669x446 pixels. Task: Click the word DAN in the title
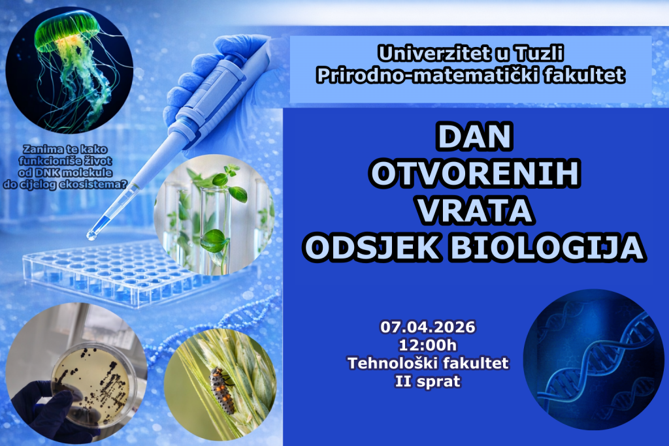click(474, 136)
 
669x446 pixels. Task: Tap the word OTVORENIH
click(474, 173)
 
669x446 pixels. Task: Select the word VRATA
click(475, 211)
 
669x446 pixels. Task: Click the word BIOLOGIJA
click(547, 247)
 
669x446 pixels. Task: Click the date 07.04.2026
click(427, 327)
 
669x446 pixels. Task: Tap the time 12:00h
click(427, 345)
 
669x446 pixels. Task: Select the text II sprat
click(427, 381)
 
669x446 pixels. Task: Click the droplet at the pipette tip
click(91, 235)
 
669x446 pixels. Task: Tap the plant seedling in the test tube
click(218, 213)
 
